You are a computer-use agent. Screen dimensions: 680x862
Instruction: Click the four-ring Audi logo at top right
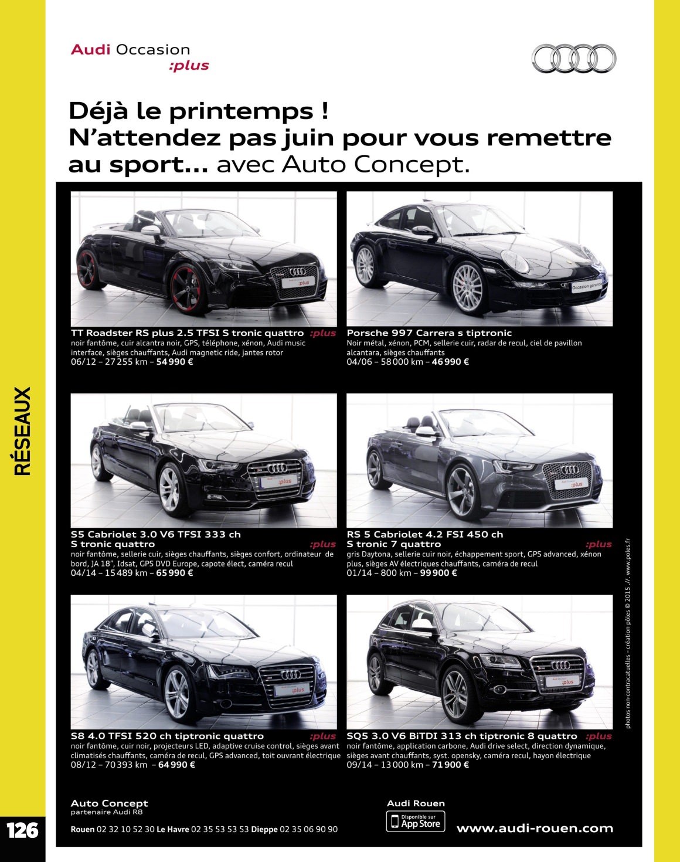coord(574,59)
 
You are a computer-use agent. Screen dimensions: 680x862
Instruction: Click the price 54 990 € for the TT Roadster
coord(175,362)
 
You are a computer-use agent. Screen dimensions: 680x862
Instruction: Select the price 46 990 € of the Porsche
coord(450,362)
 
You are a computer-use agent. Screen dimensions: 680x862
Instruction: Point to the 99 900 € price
coord(438,573)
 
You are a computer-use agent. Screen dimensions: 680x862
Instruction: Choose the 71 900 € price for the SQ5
coord(450,765)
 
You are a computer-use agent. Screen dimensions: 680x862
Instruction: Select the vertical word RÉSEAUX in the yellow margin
coord(22,431)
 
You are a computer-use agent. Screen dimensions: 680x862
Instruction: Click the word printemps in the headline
coord(241,112)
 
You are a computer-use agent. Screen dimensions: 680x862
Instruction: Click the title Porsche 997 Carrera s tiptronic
coord(429,333)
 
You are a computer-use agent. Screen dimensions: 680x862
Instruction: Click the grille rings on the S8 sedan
coord(291,675)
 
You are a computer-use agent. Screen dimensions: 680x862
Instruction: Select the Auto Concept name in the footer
coord(110,803)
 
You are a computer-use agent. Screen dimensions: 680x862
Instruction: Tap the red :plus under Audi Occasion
coord(189,66)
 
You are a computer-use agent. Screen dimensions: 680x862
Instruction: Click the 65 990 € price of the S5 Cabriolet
coord(175,573)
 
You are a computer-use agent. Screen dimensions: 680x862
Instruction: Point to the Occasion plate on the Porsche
coord(587,286)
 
